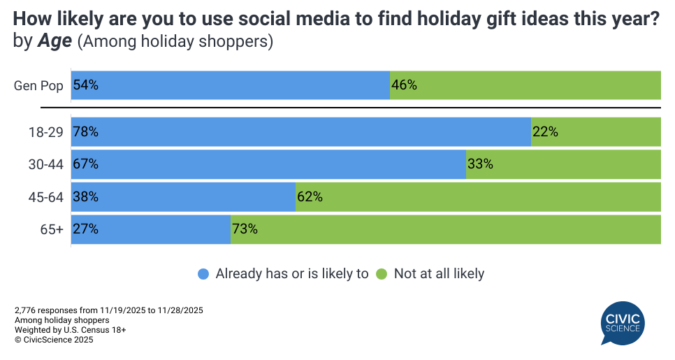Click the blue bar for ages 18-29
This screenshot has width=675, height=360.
click(300, 131)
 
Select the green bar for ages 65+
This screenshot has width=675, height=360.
click(446, 229)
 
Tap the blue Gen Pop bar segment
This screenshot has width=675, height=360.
click(230, 85)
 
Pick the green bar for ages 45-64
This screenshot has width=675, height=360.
click(478, 197)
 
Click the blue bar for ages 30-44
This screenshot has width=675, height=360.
click(268, 164)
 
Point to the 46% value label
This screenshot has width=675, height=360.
click(405, 85)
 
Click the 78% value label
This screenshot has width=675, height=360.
click(85, 131)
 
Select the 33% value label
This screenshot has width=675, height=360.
click(481, 164)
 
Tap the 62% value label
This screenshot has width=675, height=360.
click(310, 197)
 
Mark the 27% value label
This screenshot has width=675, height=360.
click(85, 229)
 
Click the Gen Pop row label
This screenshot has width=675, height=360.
click(39, 86)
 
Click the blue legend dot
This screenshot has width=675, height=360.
click(203, 274)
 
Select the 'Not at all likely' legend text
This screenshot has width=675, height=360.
click(439, 274)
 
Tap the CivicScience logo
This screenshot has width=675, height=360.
click(623, 322)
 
